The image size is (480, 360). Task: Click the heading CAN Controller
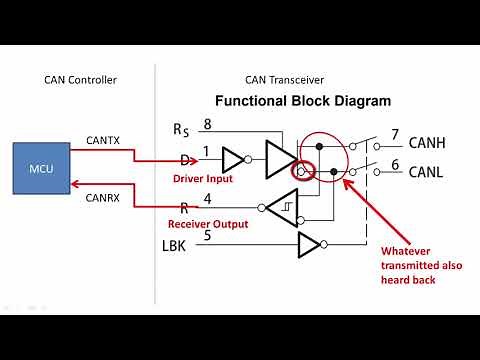(80, 80)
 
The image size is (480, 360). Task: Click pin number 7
(395, 134)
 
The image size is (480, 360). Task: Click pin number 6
(395, 164)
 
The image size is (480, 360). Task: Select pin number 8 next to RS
(207, 124)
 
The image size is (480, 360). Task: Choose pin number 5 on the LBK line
(207, 236)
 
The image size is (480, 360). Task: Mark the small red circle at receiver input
(299, 172)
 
